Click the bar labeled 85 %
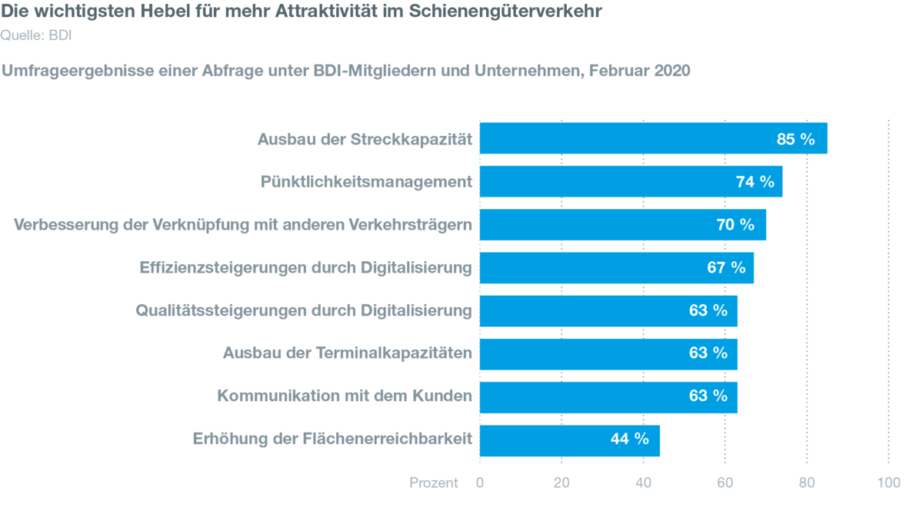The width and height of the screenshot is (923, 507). tap(654, 138)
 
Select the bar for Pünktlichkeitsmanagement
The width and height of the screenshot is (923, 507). tap(631, 182)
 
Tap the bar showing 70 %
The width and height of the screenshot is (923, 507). tap(622, 225)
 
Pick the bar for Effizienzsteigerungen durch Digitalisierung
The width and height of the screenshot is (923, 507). tap(616, 268)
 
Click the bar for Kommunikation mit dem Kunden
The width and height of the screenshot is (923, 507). tap(608, 397)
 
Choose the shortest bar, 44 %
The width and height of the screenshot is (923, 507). tap(569, 440)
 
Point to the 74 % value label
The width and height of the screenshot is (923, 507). tap(755, 182)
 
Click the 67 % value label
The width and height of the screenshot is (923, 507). tap(726, 268)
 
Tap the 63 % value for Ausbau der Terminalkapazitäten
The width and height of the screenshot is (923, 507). tap(708, 353)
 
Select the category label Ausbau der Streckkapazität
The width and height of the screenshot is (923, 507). tap(363, 139)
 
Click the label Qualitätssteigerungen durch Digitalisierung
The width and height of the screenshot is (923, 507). tap(303, 311)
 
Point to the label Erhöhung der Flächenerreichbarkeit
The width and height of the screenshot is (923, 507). tap(332, 440)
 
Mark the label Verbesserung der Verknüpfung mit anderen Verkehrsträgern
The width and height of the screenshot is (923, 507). tap(242, 225)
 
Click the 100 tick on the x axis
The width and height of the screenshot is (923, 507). tap(888, 482)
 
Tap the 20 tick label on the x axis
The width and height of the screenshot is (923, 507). tap(561, 482)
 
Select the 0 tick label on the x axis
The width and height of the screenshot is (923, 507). tap(480, 482)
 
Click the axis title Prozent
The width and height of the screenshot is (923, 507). tap(433, 482)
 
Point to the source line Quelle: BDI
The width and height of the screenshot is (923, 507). tap(37, 35)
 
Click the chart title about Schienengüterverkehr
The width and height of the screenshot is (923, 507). tap(302, 11)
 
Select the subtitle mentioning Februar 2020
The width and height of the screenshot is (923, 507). tap(346, 71)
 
